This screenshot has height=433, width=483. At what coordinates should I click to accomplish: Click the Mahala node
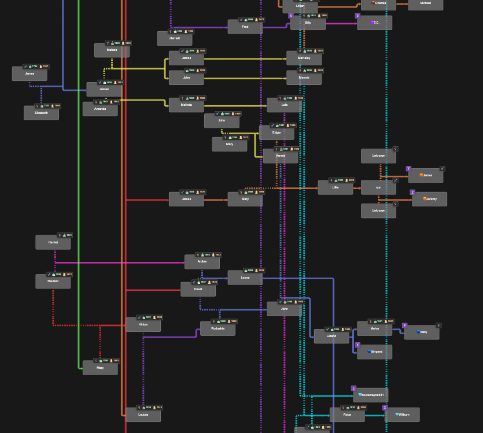(112, 50)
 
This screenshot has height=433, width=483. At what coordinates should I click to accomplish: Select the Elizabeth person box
(41, 113)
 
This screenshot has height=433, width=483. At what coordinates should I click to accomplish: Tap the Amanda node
(100, 109)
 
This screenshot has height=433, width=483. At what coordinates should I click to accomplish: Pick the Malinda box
(186, 105)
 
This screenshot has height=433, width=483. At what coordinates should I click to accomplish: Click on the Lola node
(284, 105)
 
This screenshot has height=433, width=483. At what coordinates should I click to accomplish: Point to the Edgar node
(276, 133)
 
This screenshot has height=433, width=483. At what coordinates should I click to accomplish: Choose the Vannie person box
(281, 156)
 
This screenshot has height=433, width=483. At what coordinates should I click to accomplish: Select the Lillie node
(335, 187)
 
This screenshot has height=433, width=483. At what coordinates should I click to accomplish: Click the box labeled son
(378, 187)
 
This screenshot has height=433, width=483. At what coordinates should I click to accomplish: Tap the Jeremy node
(429, 199)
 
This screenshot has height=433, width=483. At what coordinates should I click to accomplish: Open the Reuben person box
(53, 282)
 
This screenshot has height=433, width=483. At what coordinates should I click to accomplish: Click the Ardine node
(202, 262)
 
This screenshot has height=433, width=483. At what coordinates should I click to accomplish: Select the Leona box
(245, 277)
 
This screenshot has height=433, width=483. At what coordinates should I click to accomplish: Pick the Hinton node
(143, 324)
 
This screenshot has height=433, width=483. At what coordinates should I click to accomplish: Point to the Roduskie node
(217, 328)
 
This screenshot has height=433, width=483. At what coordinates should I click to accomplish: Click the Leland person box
(331, 336)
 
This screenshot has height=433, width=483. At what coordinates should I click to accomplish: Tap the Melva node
(374, 328)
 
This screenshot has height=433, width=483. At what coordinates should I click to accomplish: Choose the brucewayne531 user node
(371, 395)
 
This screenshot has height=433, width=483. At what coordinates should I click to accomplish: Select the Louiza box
(143, 415)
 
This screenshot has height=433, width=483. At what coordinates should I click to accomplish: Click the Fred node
(245, 27)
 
